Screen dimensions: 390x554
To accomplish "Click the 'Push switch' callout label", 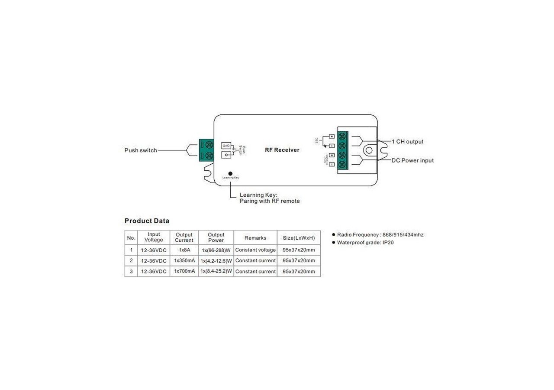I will click(141, 150).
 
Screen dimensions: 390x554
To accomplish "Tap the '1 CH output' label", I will click(407, 142).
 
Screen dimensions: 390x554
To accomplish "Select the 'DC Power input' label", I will click(412, 160).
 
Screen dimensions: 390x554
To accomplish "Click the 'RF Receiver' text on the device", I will click(282, 150).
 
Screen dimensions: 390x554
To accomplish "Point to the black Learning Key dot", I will click(230, 173).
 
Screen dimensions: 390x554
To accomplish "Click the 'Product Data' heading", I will click(147, 221).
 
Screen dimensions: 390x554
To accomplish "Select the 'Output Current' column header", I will click(184, 237).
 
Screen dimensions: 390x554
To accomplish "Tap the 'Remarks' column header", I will click(255, 238).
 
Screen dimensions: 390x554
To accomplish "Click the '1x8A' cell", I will click(184, 250).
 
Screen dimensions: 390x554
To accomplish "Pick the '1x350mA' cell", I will click(184, 261).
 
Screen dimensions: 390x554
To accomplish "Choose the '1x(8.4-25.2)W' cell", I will click(216, 272).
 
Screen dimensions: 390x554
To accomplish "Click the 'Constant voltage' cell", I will click(255, 250).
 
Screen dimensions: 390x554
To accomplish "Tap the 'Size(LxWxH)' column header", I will click(299, 238).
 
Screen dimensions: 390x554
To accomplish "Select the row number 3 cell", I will click(131, 272).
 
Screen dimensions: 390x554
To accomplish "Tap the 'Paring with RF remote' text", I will click(270, 201).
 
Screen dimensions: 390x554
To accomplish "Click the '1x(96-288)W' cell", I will click(216, 250).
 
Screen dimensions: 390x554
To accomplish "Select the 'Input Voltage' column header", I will click(154, 237).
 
